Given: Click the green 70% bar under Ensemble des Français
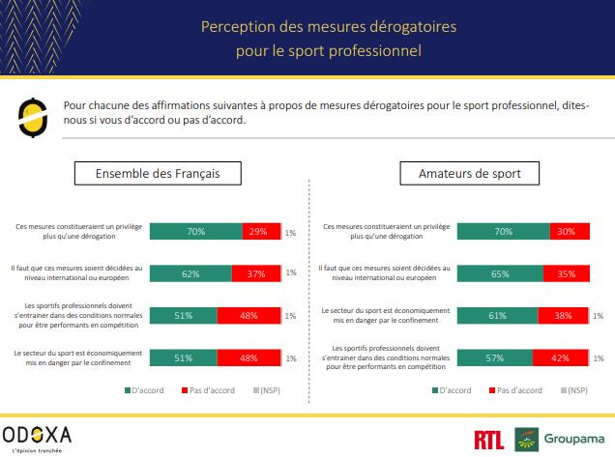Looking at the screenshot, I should point(196,232).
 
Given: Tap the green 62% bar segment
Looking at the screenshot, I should point(190,273).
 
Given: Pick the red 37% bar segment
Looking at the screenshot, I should point(256,273).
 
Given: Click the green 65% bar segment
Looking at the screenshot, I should point(501,273).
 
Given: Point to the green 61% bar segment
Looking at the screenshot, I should point(498,315).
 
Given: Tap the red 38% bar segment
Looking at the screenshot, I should point(564,315).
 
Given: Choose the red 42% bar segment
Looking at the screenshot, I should point(559,357).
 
